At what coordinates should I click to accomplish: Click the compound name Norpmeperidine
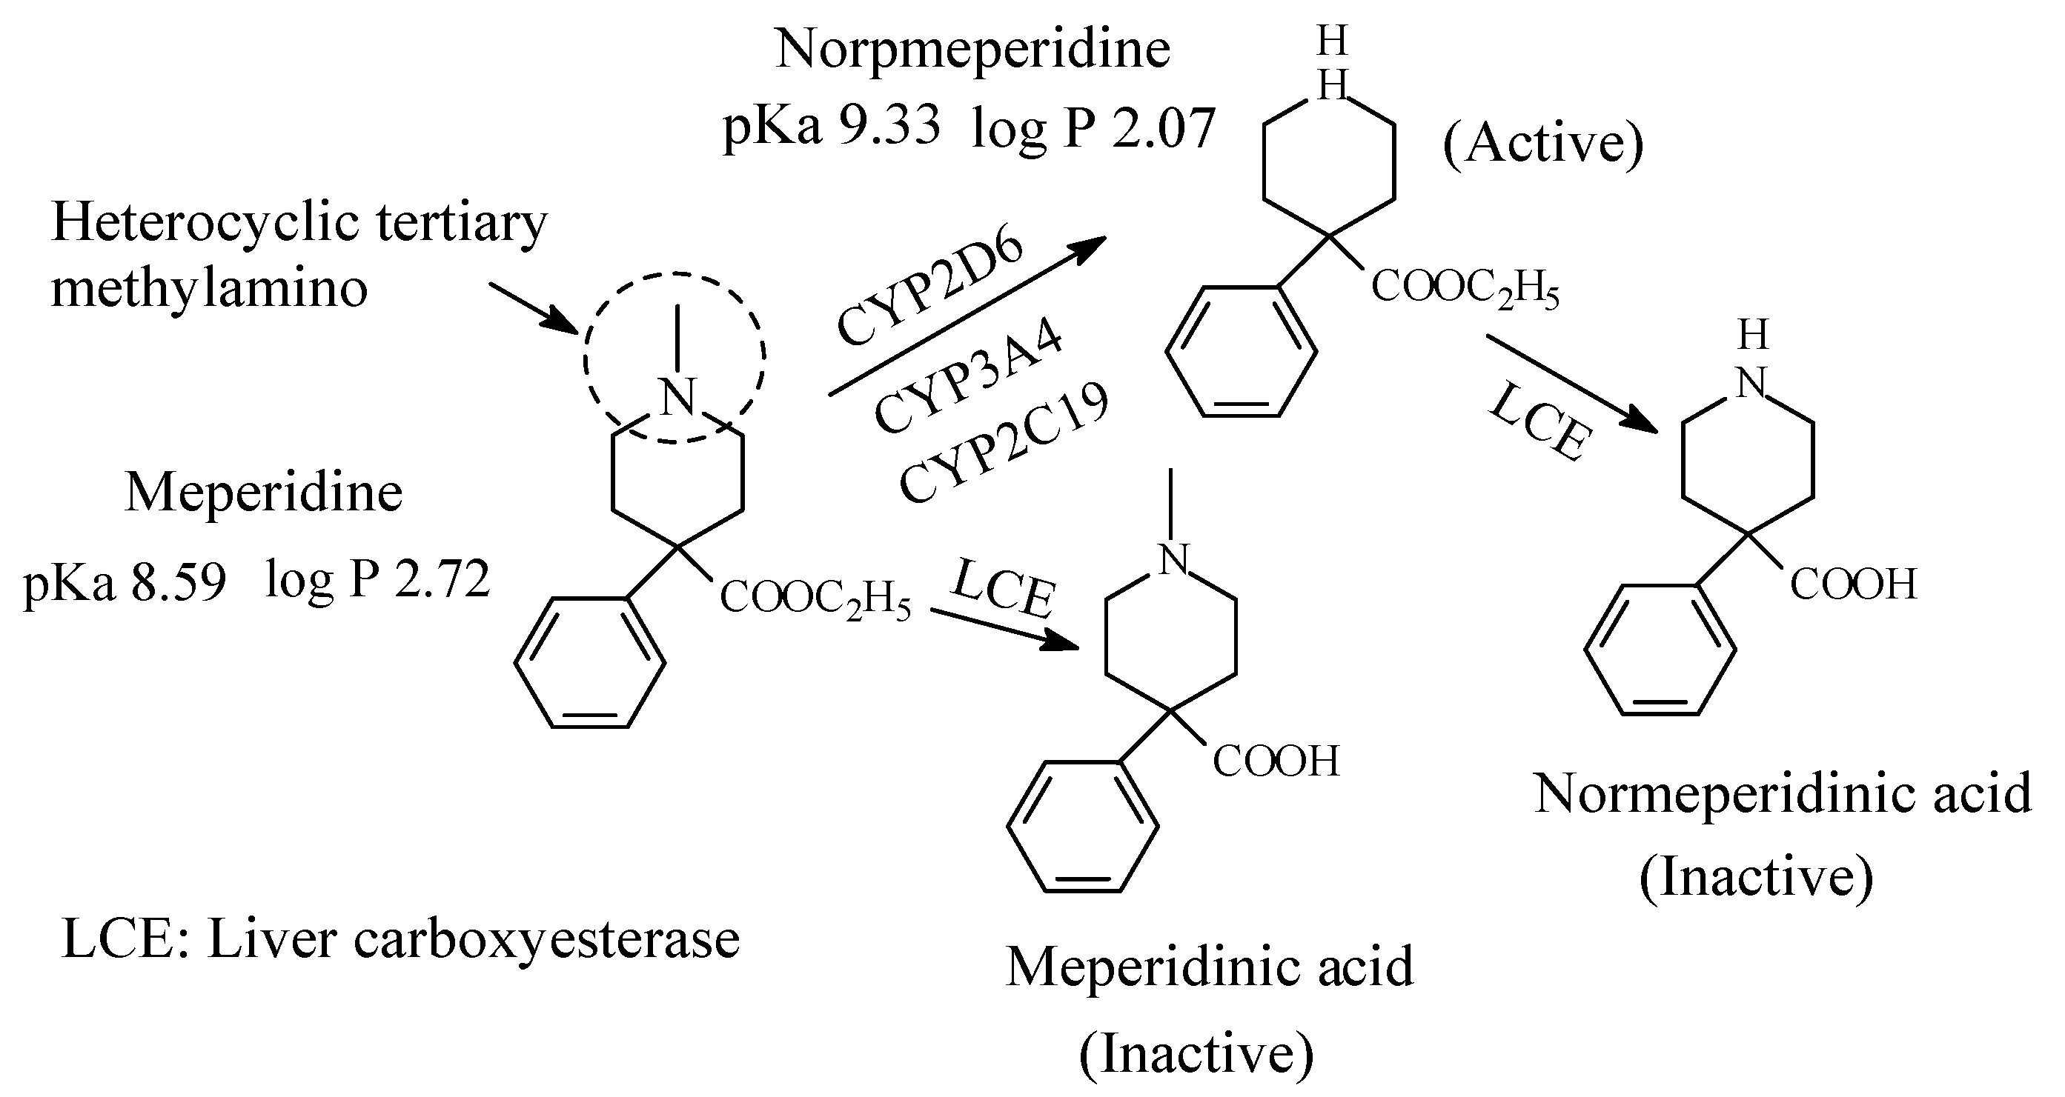point(972,50)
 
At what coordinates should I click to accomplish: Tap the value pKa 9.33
point(832,127)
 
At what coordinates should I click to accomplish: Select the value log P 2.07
point(1093,128)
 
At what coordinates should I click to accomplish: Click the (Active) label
point(1543,144)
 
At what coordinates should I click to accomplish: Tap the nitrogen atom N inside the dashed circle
point(677,396)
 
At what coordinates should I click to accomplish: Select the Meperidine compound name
point(264,492)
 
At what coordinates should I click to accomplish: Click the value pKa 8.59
point(125,581)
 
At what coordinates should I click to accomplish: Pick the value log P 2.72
point(377,578)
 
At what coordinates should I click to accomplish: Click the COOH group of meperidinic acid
point(1276,761)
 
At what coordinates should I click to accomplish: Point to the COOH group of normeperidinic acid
point(1853,584)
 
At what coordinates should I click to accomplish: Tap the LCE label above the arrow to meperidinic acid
point(1003,589)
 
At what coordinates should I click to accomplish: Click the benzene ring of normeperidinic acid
point(1660,650)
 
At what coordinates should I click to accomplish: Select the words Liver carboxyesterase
point(473,939)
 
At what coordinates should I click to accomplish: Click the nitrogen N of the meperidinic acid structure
point(1173,558)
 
